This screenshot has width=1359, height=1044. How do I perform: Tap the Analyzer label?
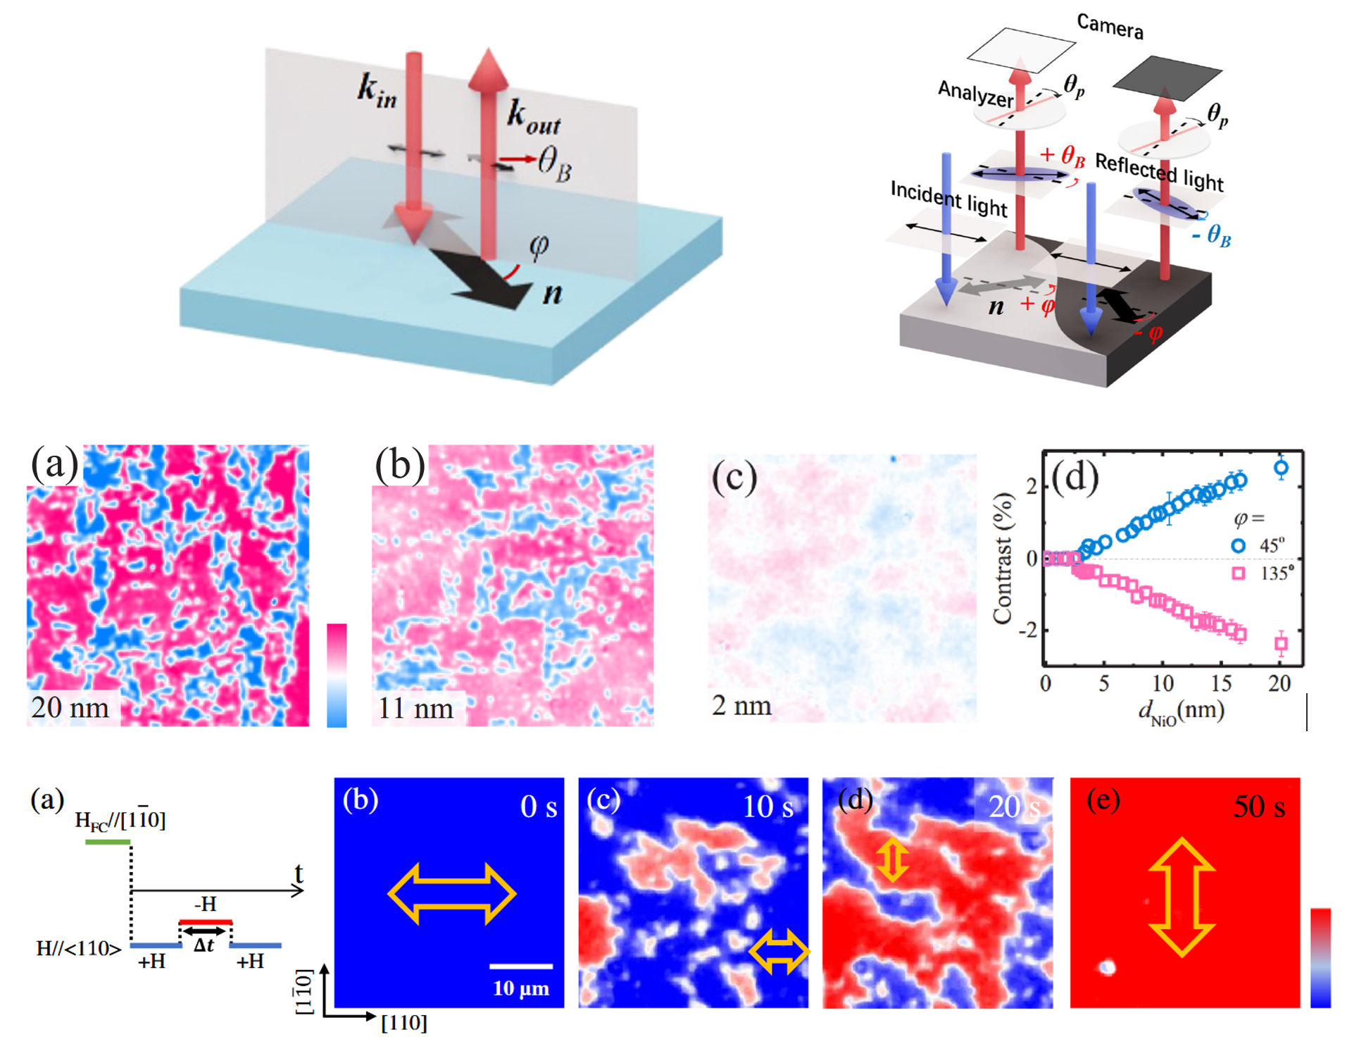[975, 93]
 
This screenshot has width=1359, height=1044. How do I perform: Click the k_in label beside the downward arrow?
[377, 91]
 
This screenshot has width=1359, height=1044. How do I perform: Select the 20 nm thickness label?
[70, 707]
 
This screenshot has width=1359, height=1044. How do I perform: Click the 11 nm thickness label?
[415, 708]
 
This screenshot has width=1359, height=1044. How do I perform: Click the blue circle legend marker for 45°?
[1238, 545]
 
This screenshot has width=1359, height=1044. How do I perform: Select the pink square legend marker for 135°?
[1238, 573]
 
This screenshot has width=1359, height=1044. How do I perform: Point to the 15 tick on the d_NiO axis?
[1222, 683]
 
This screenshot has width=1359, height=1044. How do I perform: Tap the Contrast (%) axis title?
[1003, 559]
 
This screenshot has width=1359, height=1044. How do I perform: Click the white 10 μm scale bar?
[521, 966]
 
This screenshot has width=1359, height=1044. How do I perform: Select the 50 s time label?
[1259, 807]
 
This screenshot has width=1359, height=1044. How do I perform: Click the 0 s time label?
[539, 807]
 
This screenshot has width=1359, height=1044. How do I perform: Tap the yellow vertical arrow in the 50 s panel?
[1182, 897]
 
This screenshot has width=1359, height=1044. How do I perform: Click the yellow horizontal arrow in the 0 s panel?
[452, 894]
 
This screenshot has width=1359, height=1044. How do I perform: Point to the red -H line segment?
[206, 921]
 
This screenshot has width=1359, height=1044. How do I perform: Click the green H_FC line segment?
[108, 842]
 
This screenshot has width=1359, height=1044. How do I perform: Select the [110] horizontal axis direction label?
[403, 1023]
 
